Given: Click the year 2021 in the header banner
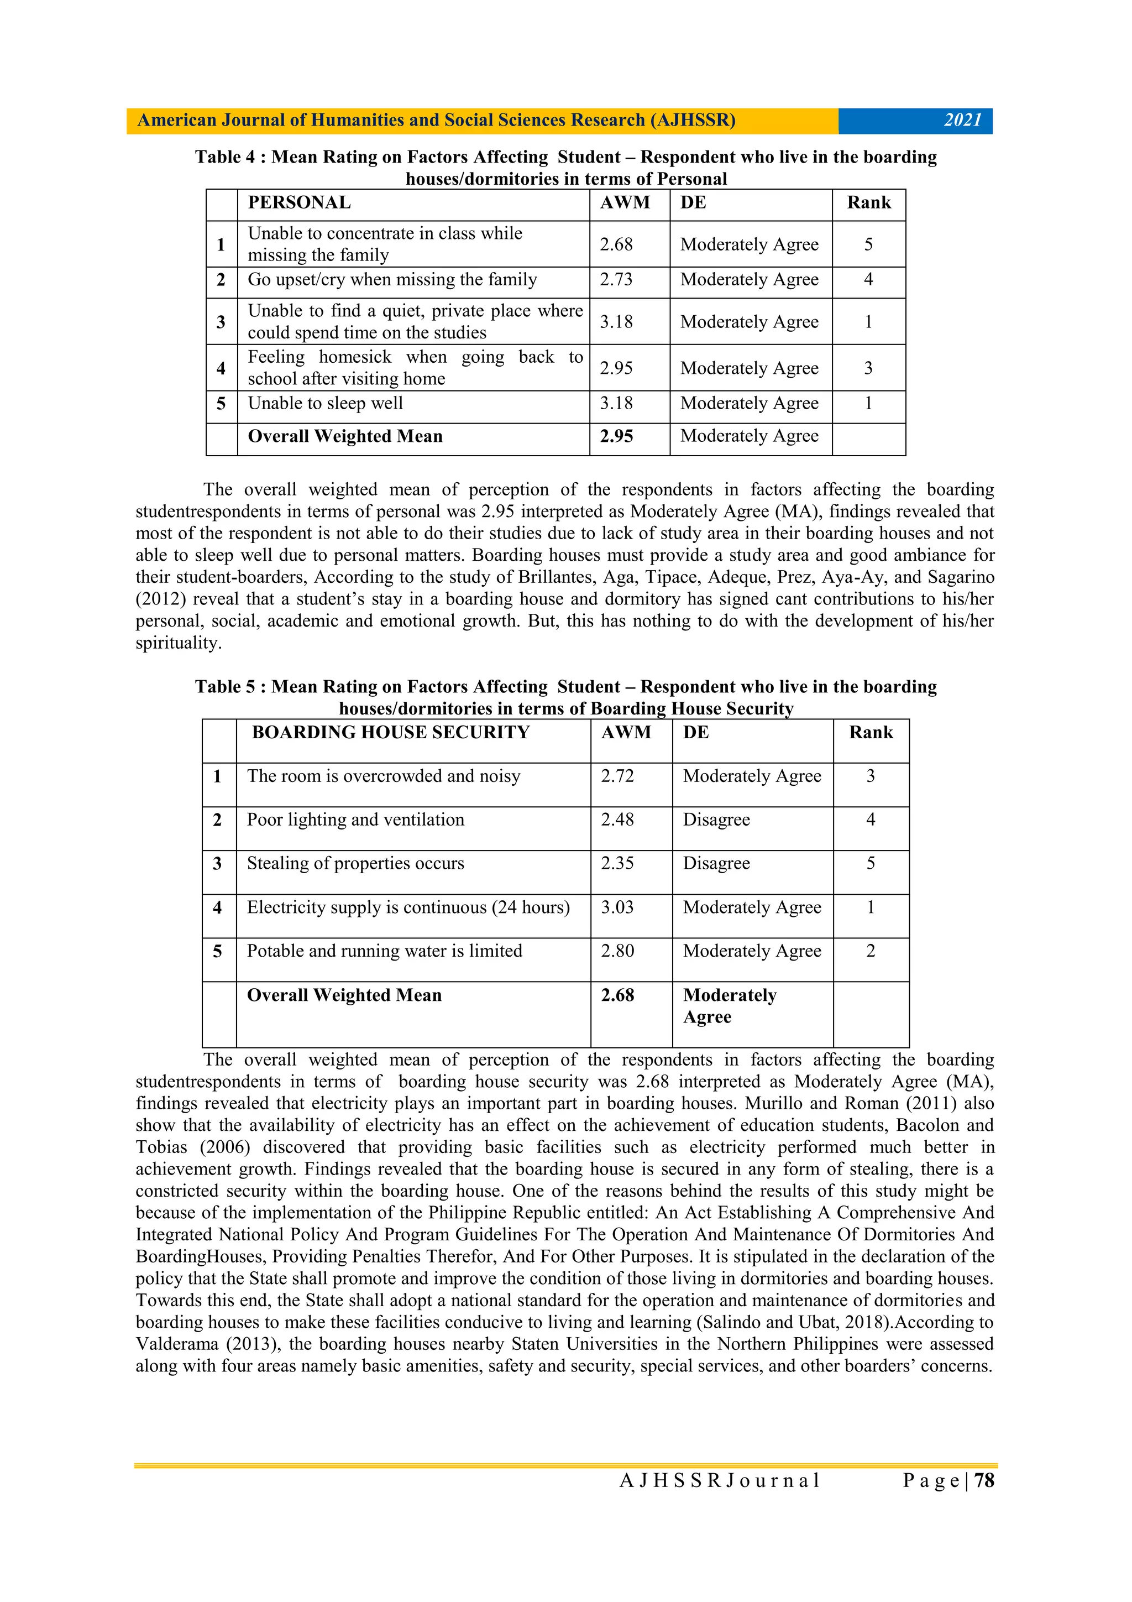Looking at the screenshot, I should [962, 120].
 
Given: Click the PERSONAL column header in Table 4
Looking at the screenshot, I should [299, 202].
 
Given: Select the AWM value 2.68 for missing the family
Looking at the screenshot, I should [616, 244].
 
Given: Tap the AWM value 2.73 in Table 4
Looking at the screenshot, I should [616, 280].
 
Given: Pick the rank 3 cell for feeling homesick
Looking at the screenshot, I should [868, 368].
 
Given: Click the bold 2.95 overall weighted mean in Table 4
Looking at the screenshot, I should [616, 436].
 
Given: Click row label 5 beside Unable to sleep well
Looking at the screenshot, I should [221, 403].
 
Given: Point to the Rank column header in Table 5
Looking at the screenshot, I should [871, 732].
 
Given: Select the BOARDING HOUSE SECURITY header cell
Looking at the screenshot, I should [391, 732].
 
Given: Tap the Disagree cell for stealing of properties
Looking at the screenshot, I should [716, 863].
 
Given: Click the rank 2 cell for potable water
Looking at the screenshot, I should [870, 951].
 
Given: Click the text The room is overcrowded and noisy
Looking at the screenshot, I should [384, 776].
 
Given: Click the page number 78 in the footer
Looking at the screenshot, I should [984, 1480].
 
